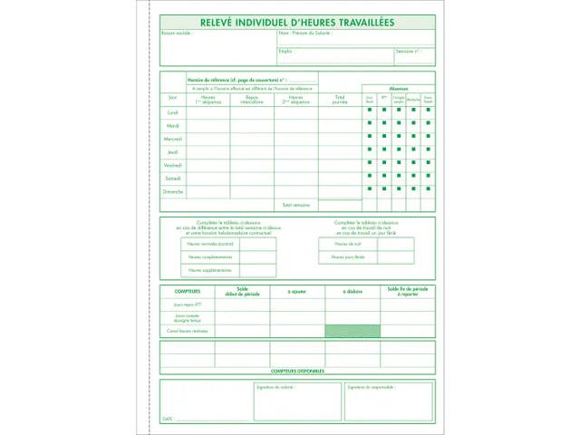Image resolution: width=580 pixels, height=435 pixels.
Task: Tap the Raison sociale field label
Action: tap(177, 34)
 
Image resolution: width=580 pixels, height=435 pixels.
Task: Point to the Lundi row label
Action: tap(173, 112)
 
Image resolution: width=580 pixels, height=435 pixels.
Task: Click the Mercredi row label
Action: tap(173, 139)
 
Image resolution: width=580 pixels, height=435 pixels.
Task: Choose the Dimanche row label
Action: tap(173, 191)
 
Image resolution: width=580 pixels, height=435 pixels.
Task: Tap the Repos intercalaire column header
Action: tap(252, 99)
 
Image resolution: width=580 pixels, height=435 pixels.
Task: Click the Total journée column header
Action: tap(339, 99)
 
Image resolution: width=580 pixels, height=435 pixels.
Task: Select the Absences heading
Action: tap(399, 88)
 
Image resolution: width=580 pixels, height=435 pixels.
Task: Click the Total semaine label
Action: tap(296, 206)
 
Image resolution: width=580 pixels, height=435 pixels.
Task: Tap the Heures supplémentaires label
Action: tap(210, 270)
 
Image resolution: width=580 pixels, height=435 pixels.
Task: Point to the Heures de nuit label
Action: tap(347, 244)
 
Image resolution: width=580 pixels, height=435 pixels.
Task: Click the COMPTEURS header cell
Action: tap(188, 291)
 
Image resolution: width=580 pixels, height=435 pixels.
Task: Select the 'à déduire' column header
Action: tap(352, 291)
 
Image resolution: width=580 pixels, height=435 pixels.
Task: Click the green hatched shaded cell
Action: tap(352, 331)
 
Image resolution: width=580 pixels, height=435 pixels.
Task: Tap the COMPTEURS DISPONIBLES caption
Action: tap(297, 371)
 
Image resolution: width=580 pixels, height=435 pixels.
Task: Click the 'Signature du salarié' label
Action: tap(275, 387)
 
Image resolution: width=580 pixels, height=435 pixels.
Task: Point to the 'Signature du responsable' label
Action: tap(369, 387)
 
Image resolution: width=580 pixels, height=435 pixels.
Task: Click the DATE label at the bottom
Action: tap(168, 420)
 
